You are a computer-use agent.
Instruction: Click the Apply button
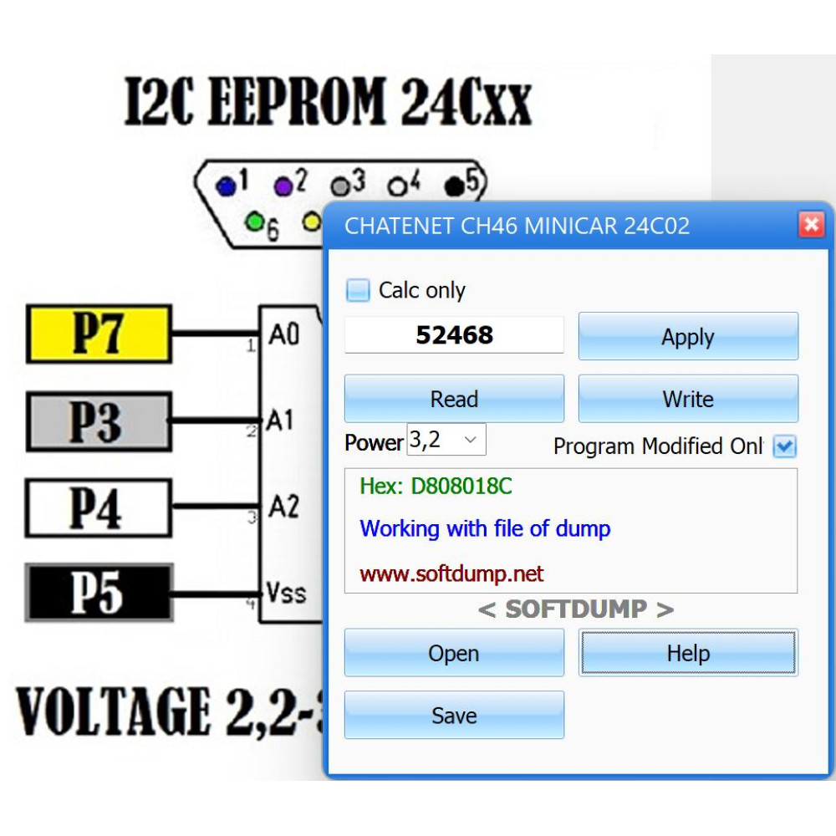pos(688,336)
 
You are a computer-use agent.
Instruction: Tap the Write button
pos(688,398)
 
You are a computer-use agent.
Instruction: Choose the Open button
pos(454,653)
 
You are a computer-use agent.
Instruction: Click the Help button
pos(688,653)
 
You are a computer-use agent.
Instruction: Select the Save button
pos(454,715)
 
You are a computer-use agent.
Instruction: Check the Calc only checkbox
pos(357,291)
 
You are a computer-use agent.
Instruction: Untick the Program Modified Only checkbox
pos(785,446)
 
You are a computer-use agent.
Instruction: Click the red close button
pos(811,224)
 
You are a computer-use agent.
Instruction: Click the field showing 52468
pos(454,335)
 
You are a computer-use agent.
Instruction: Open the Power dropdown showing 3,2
pos(446,440)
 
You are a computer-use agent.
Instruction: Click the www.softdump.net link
pos(451,573)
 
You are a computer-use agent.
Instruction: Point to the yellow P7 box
pos(99,334)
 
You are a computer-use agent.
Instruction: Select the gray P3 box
pos(99,421)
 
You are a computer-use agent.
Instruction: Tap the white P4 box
pos(99,508)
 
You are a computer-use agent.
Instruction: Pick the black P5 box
pos(99,593)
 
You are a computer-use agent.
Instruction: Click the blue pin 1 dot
pos(226,186)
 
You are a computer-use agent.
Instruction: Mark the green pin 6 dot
pos(255,222)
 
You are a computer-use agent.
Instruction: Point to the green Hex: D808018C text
pos(436,486)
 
